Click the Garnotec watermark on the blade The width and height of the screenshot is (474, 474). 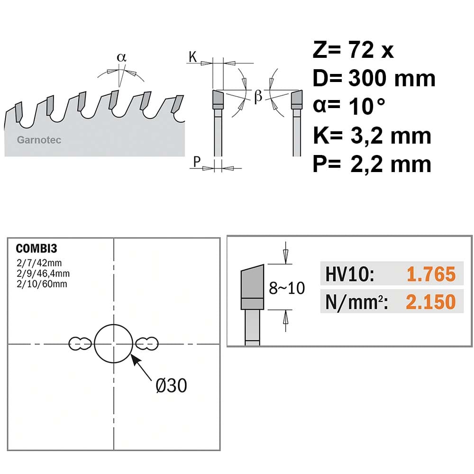(39, 140)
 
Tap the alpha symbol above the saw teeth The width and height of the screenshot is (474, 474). (121, 57)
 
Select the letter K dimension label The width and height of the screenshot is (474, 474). (192, 56)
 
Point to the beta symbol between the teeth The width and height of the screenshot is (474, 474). (258, 96)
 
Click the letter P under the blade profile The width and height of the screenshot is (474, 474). (197, 162)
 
